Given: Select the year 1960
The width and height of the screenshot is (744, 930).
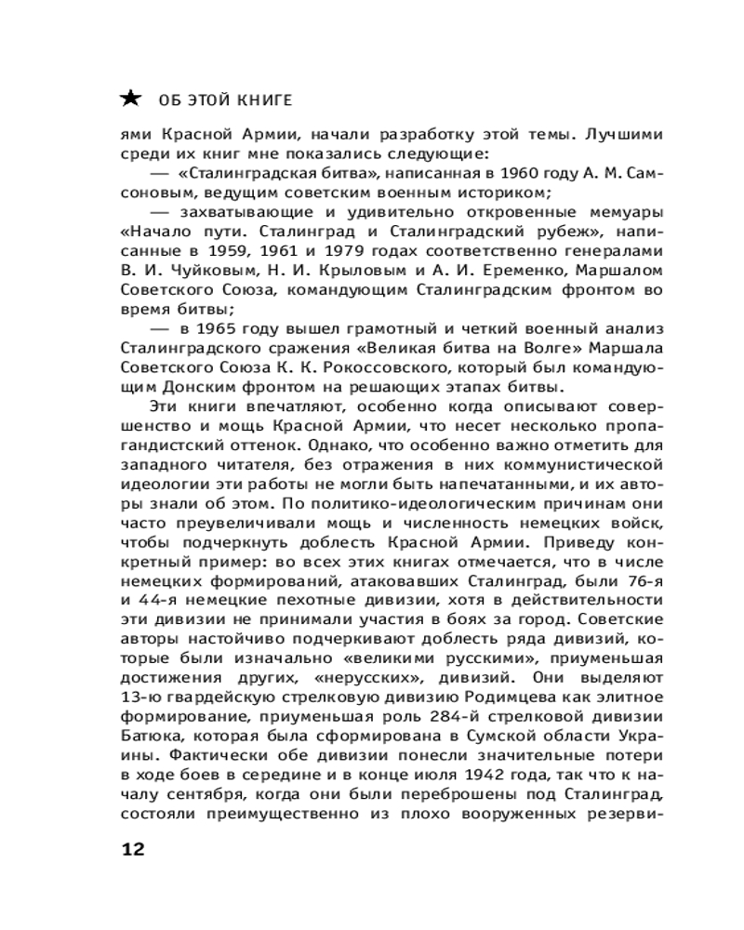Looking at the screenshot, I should [x=505, y=173].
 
